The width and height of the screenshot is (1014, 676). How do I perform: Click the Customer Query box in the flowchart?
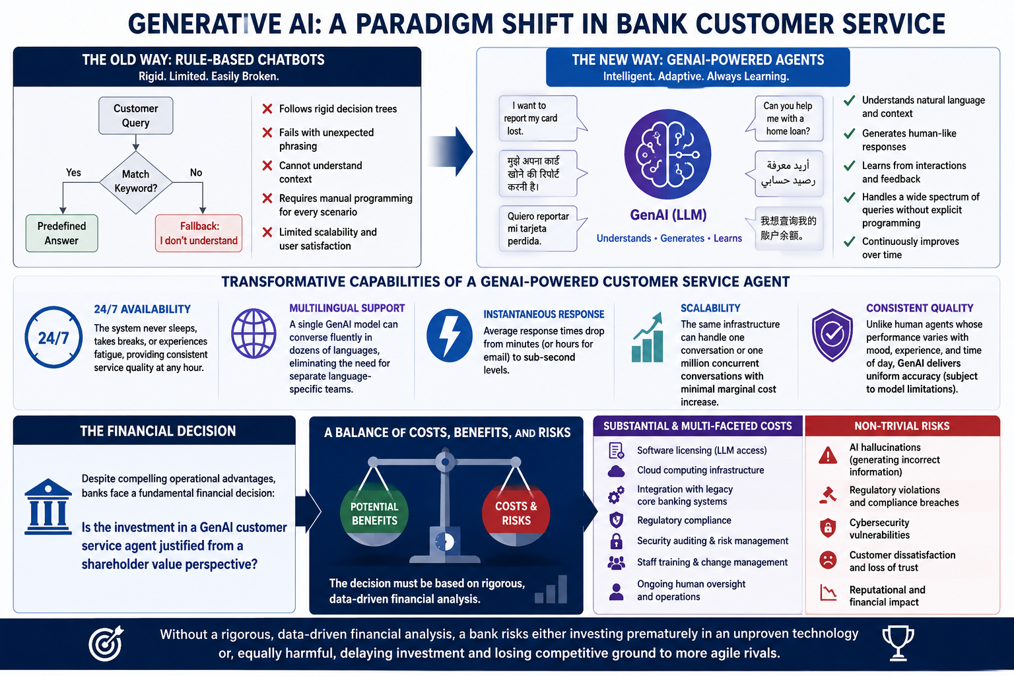[x=136, y=116]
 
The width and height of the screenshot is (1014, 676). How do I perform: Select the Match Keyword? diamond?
[x=136, y=182]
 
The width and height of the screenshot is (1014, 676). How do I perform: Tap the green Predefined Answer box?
[x=61, y=233]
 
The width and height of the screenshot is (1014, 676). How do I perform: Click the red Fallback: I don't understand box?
[x=199, y=233]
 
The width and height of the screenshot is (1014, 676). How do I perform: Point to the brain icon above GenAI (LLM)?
[x=667, y=154]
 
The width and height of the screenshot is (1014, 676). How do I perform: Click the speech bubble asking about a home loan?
[x=786, y=119]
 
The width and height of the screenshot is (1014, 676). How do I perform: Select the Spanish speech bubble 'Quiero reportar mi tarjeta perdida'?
[x=541, y=228]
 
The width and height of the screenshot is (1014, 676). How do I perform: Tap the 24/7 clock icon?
[x=53, y=337]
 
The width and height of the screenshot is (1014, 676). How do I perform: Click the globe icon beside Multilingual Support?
[x=253, y=333]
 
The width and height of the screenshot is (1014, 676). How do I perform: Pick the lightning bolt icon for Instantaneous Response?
[x=449, y=335]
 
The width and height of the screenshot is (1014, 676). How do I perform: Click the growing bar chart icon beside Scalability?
[x=648, y=337]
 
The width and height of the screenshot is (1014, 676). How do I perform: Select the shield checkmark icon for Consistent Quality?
[x=832, y=335]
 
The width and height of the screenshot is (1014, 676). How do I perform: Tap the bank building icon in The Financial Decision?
[x=48, y=506]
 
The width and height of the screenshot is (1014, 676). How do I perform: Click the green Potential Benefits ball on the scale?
[x=374, y=514]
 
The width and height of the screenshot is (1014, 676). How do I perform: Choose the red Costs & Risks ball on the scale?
[x=516, y=514]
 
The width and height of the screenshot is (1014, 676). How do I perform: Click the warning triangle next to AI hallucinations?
[x=828, y=456]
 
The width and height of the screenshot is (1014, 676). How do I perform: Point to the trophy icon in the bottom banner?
[x=898, y=643]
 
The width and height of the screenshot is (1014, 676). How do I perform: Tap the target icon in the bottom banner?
[x=106, y=644]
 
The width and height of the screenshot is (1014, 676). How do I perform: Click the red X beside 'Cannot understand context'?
[x=267, y=166]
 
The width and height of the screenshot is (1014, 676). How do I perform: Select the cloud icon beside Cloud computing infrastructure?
[x=616, y=471]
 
